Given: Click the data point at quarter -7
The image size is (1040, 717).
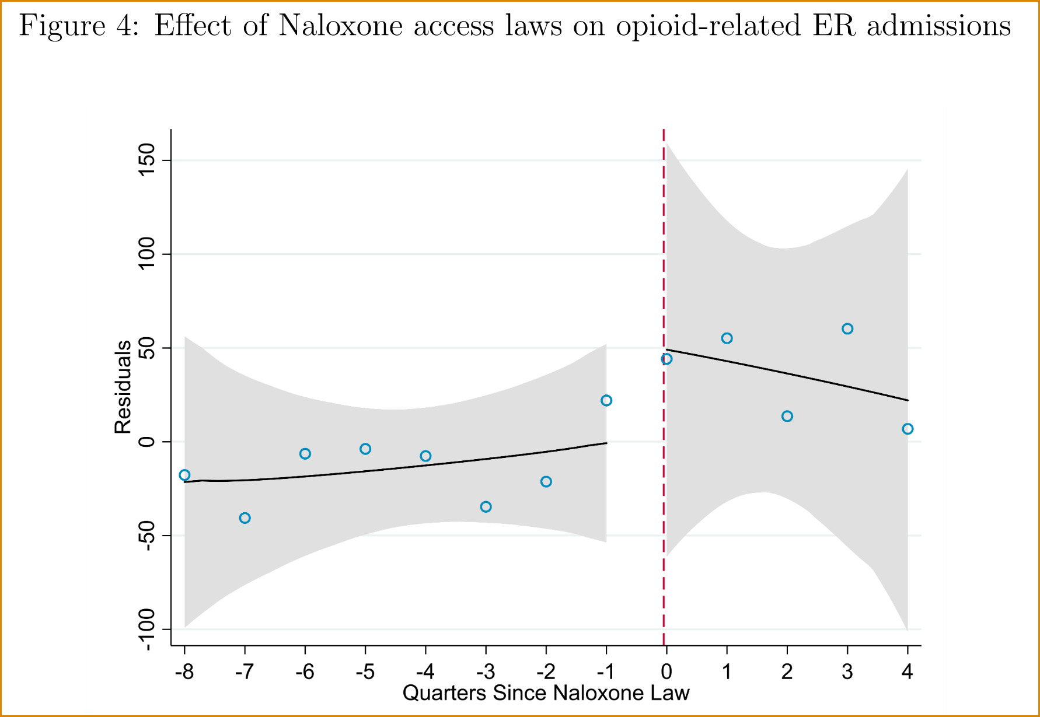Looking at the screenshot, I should click(245, 518).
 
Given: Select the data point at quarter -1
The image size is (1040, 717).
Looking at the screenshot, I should click(606, 400).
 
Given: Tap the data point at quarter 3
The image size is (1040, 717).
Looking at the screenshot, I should click(847, 329).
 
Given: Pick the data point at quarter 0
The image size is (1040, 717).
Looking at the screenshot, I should click(666, 359).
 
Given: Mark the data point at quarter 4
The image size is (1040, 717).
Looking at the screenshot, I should click(908, 429).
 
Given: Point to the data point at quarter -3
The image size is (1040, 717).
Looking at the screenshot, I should click(486, 507).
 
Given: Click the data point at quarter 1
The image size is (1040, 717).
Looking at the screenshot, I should click(727, 338).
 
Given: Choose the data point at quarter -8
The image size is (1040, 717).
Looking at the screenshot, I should click(184, 475).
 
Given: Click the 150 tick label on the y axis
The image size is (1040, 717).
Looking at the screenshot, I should click(146, 160).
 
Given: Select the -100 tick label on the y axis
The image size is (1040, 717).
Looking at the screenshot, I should click(146, 629).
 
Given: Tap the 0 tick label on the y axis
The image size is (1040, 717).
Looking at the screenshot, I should click(146, 442).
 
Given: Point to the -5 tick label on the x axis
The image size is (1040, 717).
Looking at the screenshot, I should click(365, 672).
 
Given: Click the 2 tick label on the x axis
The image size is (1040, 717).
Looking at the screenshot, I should click(787, 672).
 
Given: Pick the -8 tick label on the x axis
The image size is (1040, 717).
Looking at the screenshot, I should click(184, 672).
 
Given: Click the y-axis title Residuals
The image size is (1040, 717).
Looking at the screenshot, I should click(123, 387).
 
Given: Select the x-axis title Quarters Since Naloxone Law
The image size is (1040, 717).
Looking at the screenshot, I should click(546, 693).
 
